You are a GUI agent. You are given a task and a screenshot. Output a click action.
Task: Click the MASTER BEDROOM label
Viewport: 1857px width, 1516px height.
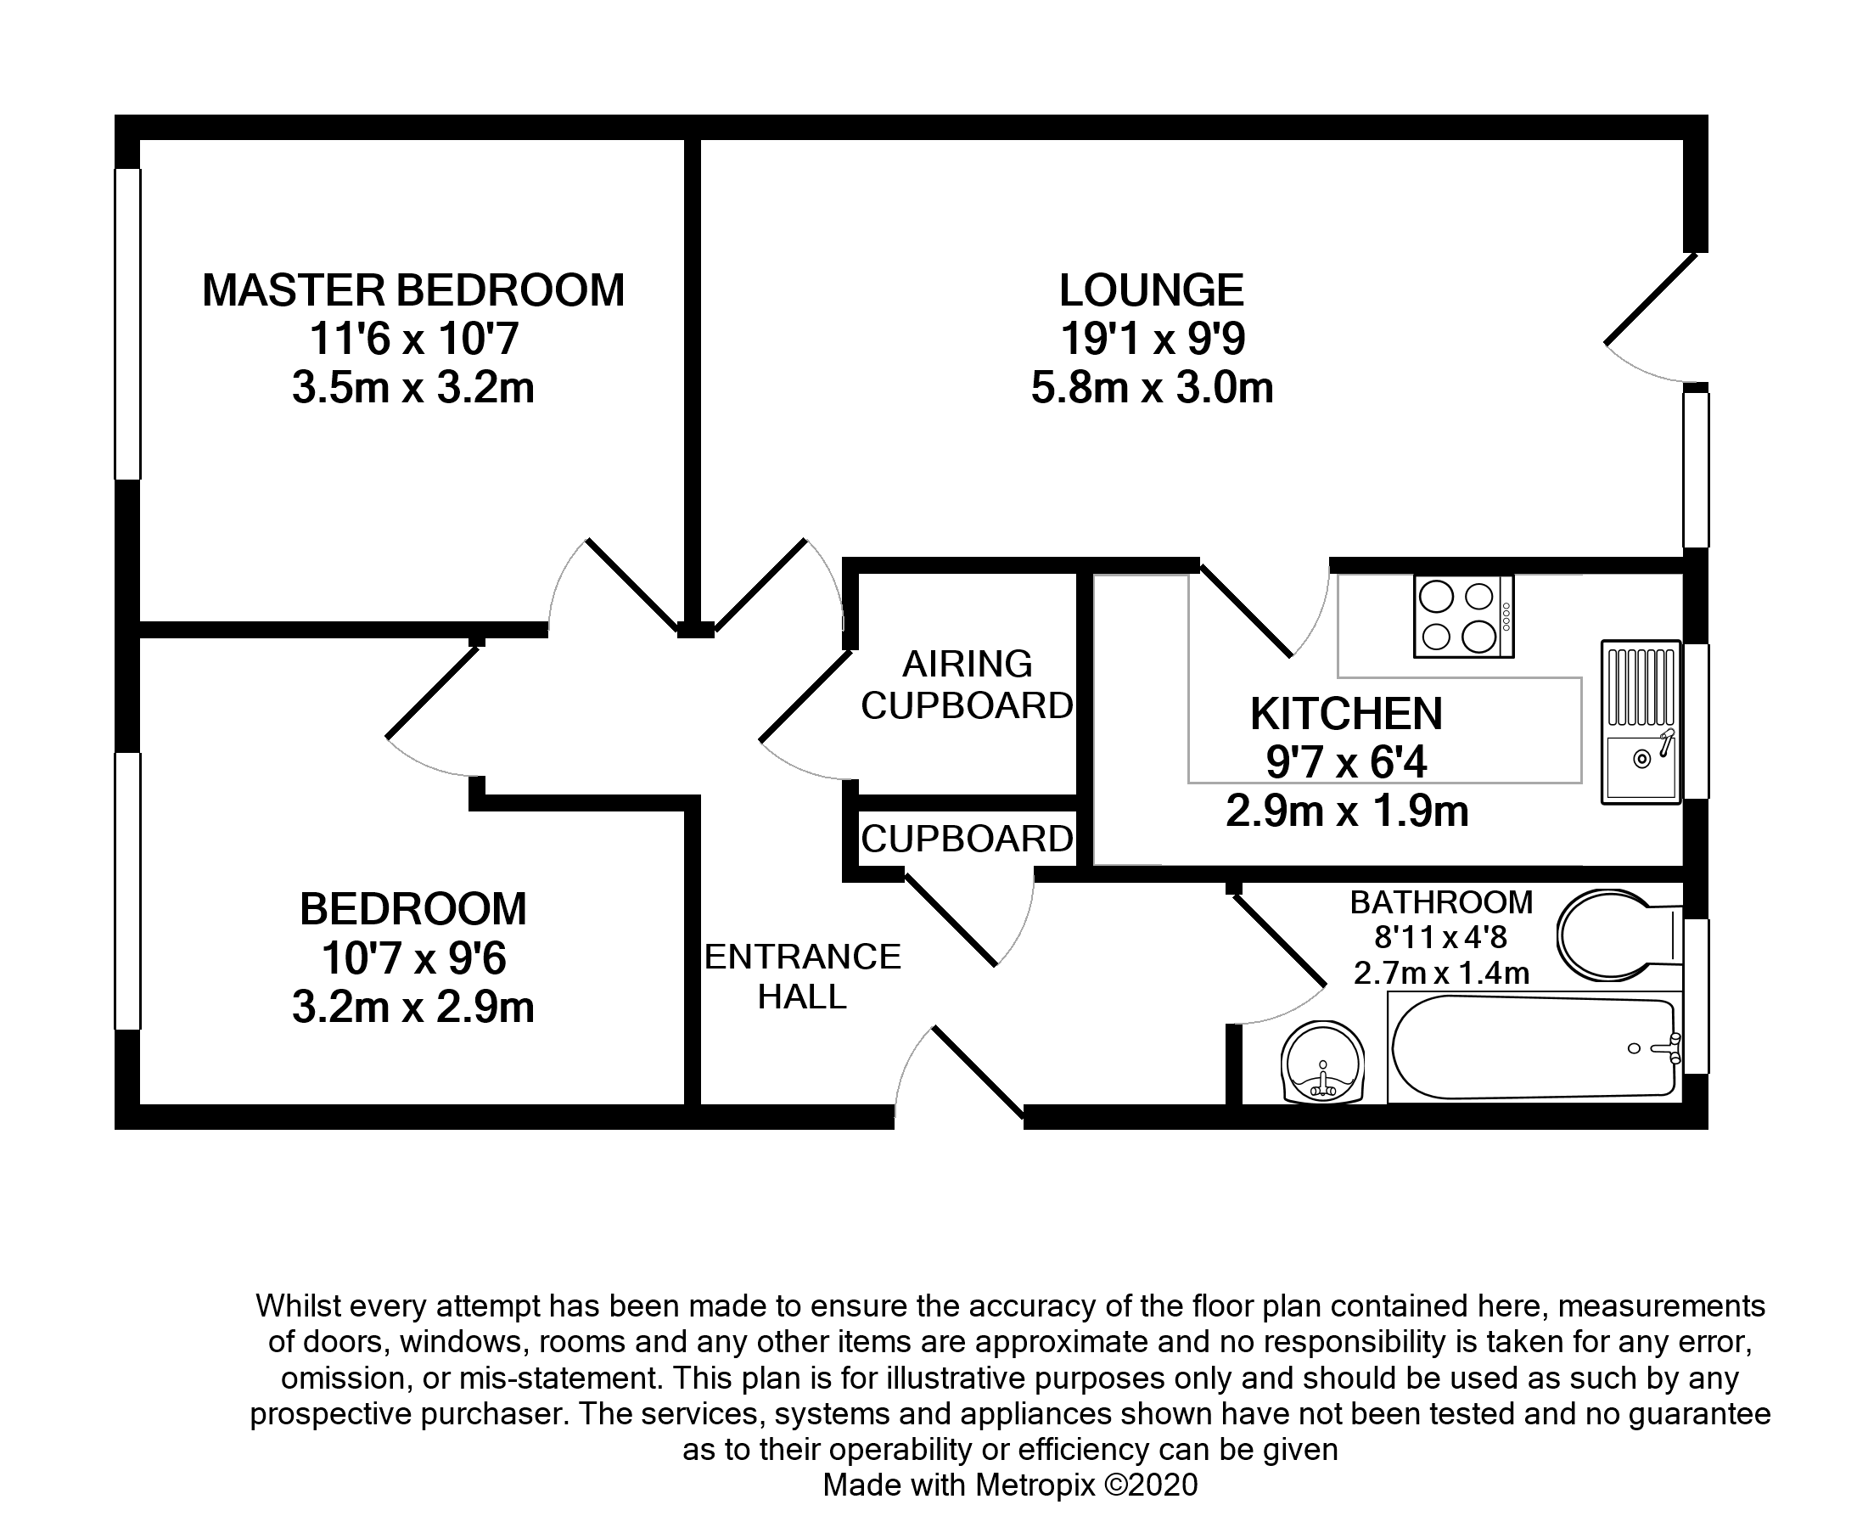click(x=413, y=291)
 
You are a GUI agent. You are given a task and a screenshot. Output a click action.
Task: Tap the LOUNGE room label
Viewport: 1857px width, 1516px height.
click(x=1151, y=291)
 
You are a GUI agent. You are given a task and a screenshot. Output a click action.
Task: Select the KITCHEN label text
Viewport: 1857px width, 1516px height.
click(x=1346, y=715)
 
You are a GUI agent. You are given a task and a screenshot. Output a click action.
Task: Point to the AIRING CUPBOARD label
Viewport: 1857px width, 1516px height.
click(x=967, y=685)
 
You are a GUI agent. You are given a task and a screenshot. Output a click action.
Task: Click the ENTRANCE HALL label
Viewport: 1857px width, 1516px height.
click(x=801, y=976)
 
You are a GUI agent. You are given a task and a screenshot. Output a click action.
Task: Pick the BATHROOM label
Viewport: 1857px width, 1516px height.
click(x=1441, y=902)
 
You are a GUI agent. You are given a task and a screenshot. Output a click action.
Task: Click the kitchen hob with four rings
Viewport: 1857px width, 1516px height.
click(x=1463, y=615)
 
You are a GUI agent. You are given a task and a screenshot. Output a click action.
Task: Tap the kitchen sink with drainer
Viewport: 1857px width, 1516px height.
click(x=1641, y=722)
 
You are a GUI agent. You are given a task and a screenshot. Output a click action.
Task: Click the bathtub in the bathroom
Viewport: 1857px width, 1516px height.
click(x=1532, y=1049)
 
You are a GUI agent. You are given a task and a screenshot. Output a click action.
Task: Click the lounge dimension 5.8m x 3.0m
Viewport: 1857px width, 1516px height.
click(x=1151, y=389)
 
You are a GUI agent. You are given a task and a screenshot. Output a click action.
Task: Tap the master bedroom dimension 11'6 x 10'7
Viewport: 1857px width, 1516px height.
click(x=413, y=340)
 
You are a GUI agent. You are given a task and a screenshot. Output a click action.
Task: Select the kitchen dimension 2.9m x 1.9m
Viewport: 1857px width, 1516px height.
click(x=1346, y=812)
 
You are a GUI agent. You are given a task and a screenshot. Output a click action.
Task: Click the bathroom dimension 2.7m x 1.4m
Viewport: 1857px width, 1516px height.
click(x=1441, y=973)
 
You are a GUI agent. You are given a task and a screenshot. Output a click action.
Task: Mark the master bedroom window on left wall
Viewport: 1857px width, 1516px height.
click(x=127, y=324)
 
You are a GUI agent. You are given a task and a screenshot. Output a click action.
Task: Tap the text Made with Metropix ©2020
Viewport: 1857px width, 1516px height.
click(x=1010, y=1485)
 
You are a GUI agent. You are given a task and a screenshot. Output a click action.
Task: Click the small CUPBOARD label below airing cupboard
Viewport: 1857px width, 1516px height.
click(x=967, y=839)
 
